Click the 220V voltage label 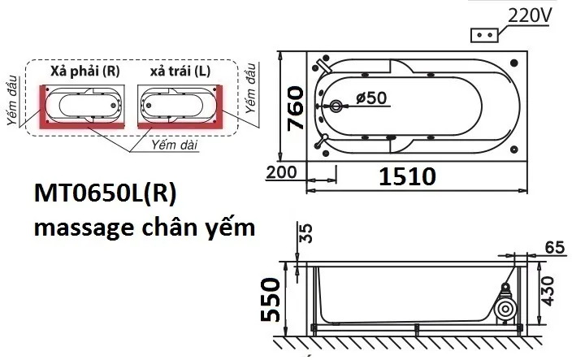530,15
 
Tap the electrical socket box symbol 484,36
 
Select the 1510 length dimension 408,177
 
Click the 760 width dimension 295,108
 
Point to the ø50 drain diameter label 371,98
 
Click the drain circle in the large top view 336,106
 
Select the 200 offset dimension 281,172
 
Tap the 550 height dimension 271,300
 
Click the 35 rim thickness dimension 306,233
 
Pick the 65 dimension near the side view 555,248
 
